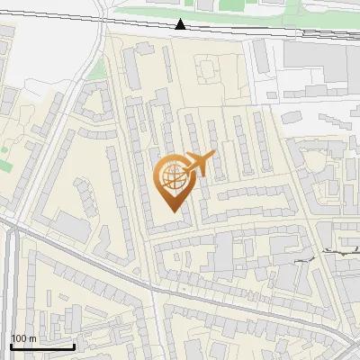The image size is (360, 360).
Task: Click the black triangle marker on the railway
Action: [181, 25]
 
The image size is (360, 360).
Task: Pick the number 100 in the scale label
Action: [20, 338]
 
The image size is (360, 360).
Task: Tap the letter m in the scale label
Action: [32, 338]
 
